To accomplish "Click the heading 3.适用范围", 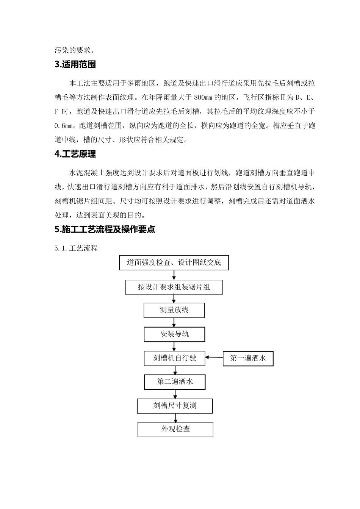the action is [x=75, y=64].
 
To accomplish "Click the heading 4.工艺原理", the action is [x=75, y=154].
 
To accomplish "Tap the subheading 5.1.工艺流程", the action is [x=76, y=248].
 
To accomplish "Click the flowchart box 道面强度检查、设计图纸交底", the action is [x=174, y=262].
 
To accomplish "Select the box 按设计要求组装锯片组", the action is [x=174, y=287].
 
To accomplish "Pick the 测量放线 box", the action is [x=174, y=310].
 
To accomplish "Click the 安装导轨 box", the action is [x=174, y=334].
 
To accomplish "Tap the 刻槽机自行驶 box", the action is [x=174, y=358].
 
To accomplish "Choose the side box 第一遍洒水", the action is [x=248, y=358].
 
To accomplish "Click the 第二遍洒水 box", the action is [x=175, y=382].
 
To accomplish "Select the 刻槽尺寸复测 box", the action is [x=175, y=406].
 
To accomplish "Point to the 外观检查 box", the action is [x=175, y=429].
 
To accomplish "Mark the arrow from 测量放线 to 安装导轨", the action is [x=174, y=322].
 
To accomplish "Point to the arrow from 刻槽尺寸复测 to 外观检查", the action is [x=175, y=417].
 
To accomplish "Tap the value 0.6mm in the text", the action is [x=63, y=125].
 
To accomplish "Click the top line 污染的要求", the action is [x=75, y=50].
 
